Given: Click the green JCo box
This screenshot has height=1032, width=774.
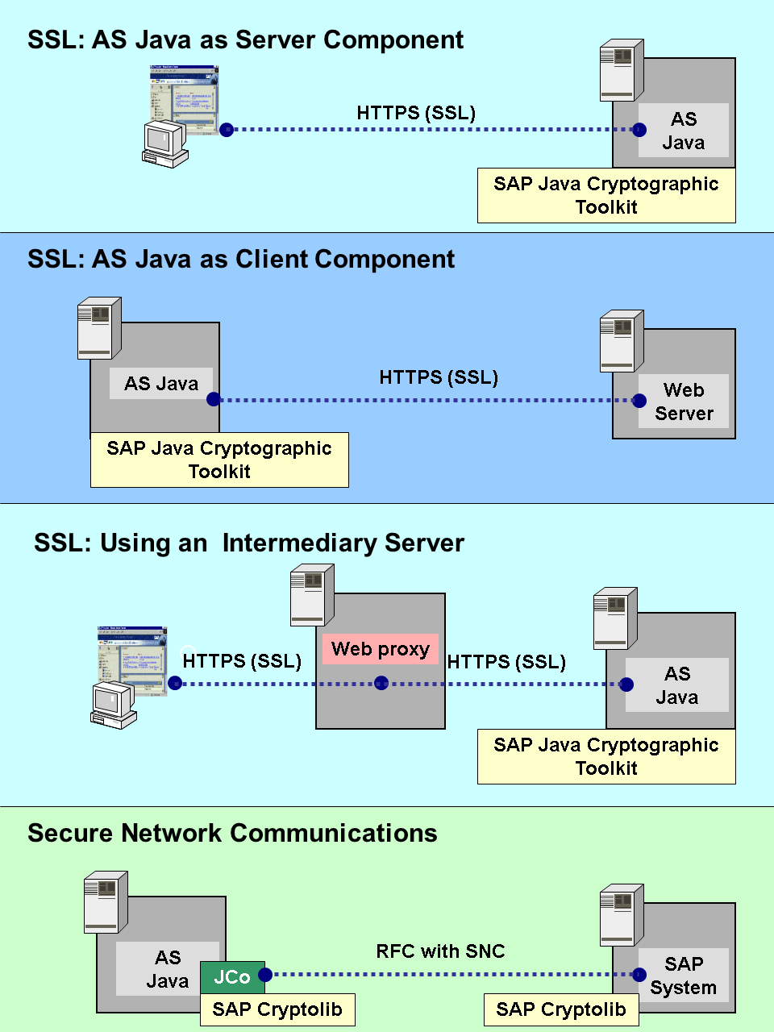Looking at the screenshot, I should (232, 977).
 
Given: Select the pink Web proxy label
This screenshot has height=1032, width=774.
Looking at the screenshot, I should (381, 649).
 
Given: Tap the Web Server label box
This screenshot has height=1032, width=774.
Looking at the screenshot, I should (684, 402).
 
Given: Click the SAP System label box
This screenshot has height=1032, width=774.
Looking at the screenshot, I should (684, 976).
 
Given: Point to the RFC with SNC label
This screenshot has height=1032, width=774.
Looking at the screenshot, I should (440, 951).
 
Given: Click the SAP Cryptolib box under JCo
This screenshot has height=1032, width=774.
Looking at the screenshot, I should (277, 1009).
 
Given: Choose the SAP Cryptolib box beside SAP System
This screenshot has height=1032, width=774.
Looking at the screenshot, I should (561, 1009).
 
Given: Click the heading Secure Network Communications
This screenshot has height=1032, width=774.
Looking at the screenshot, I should (232, 833).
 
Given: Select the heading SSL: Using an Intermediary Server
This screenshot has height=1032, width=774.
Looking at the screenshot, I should (248, 543).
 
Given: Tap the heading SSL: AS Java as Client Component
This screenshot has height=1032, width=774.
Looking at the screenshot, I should (240, 259).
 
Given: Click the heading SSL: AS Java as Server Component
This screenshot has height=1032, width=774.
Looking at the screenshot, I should (245, 40).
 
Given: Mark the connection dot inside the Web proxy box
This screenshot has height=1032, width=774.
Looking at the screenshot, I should (381, 684).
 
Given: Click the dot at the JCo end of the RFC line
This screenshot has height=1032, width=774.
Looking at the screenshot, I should (265, 975).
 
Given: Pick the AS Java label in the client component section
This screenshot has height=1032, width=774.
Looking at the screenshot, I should (161, 384).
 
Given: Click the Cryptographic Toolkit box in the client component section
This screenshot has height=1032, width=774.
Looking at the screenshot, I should (219, 460).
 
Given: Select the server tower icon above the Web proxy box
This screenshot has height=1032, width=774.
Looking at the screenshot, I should (312, 594).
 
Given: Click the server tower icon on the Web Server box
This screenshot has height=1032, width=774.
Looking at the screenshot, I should (622, 340).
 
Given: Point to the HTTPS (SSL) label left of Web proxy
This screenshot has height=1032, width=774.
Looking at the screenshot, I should (242, 661).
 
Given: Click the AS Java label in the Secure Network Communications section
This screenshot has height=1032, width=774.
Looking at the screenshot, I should (168, 969).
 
